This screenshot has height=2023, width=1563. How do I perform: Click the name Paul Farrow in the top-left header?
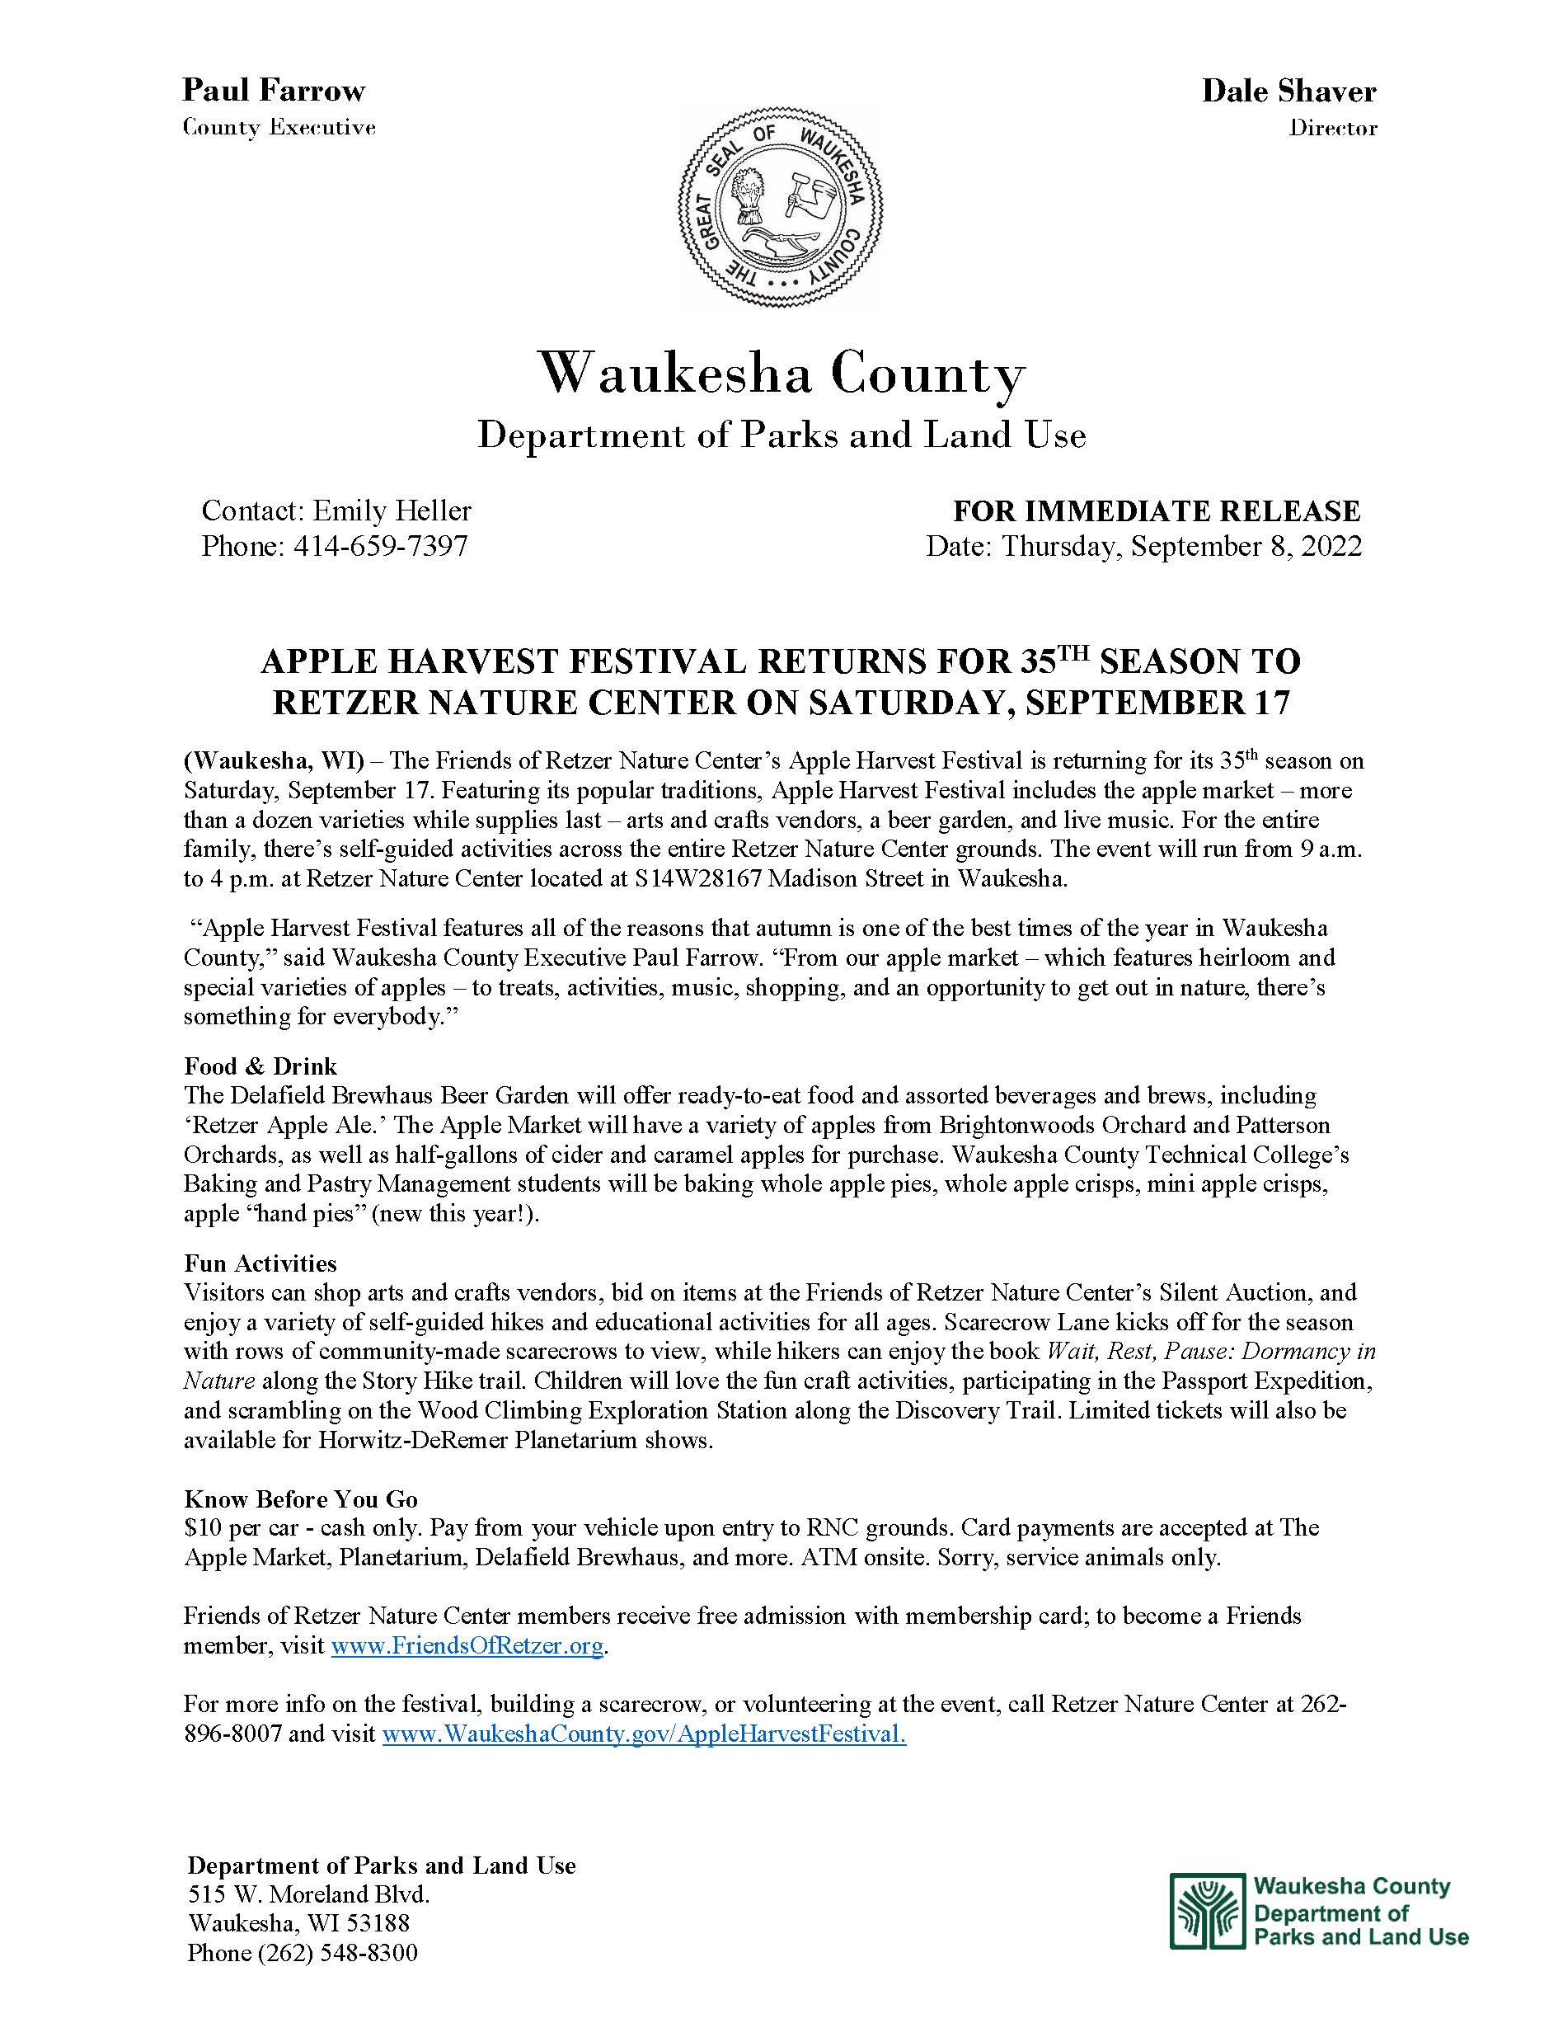click(273, 90)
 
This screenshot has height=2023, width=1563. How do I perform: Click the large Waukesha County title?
click(781, 374)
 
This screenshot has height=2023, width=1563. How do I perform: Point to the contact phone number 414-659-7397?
click(380, 546)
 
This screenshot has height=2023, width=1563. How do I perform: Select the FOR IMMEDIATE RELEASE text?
click(1157, 510)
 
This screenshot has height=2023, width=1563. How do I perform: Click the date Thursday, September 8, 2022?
click(1181, 546)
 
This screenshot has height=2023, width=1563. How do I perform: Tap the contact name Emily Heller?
click(392, 510)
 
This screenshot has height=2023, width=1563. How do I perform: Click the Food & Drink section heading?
click(260, 1066)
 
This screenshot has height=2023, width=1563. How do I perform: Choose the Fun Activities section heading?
click(260, 1263)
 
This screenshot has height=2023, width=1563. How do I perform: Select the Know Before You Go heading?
click(301, 1498)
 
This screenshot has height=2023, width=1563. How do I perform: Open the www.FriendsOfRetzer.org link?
click(467, 1646)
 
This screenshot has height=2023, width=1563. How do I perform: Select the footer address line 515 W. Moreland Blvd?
click(308, 1894)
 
